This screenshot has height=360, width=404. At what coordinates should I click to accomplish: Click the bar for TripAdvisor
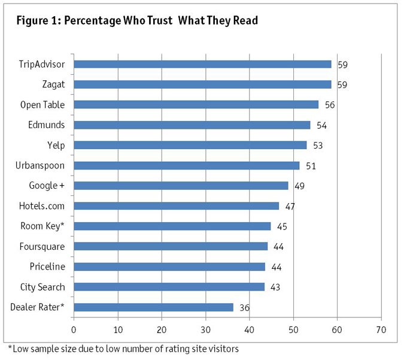(202, 64)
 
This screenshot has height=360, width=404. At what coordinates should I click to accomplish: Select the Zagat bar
(202, 84)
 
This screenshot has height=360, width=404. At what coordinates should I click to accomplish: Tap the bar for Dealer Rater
(153, 307)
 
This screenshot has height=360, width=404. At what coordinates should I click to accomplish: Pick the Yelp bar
(190, 145)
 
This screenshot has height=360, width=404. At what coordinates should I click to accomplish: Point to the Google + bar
(181, 186)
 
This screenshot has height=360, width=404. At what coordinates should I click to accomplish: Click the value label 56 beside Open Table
(330, 105)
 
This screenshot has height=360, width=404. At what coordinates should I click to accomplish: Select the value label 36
(244, 308)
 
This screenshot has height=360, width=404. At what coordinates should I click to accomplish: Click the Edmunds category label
(46, 125)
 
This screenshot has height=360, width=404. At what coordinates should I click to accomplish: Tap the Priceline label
(47, 267)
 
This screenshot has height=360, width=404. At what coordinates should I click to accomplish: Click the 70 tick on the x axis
(381, 329)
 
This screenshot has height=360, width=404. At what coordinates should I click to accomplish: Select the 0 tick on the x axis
(74, 329)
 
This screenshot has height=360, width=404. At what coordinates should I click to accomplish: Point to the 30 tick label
(205, 329)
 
